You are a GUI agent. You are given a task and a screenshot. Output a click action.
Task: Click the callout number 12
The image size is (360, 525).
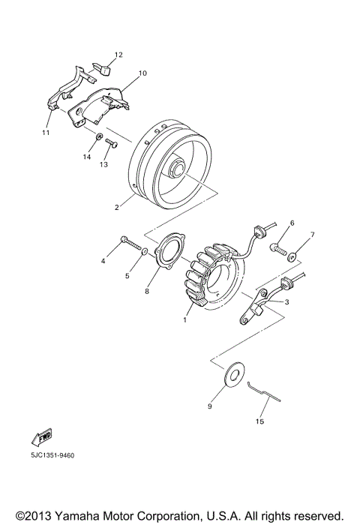tap(118, 55)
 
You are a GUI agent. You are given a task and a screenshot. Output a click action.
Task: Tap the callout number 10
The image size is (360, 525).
tap(142, 73)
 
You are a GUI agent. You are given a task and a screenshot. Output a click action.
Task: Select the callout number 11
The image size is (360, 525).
tap(46, 132)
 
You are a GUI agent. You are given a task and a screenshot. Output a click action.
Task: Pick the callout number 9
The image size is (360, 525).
tap(211, 406)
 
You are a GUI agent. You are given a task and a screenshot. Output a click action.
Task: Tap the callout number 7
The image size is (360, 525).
tap(313, 235)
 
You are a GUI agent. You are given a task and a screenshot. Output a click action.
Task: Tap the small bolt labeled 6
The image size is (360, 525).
tap(282, 249)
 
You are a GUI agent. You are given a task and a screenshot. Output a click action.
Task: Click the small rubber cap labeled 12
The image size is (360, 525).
tap(103, 69)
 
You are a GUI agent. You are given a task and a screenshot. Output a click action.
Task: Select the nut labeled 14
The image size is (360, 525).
tap(99, 137)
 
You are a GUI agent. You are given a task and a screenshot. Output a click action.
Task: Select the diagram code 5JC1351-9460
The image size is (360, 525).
tap(52, 455)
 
